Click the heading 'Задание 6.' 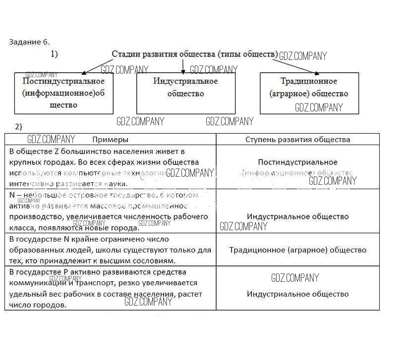click(29, 42)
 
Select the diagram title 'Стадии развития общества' click(193, 54)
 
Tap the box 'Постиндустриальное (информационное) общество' click(63, 93)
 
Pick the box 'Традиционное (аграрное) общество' click(309, 93)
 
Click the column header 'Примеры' click(110, 140)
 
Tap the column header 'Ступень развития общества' click(297, 140)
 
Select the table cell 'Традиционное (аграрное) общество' click(297, 250)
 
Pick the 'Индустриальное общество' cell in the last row click(297, 294)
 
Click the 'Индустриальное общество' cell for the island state click(297, 216)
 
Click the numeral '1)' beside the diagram click(54, 53)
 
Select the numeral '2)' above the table click(18, 127)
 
